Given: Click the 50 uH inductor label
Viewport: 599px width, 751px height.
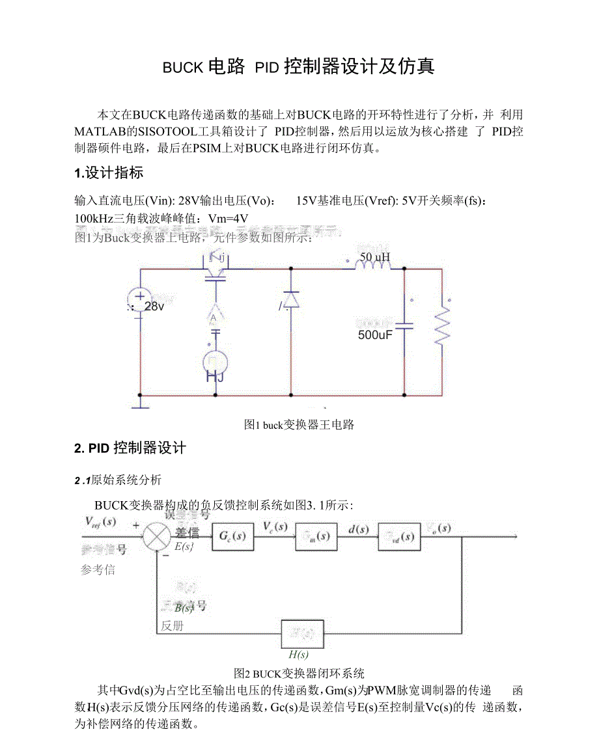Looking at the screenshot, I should coord(374,257).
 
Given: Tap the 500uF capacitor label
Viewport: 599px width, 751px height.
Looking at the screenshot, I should coord(376,335).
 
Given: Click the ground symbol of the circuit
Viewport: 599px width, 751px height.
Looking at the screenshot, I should coord(140,405).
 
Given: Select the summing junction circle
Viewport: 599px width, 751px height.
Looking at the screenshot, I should coord(156,537).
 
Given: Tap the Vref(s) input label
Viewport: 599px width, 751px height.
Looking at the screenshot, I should coord(100,522).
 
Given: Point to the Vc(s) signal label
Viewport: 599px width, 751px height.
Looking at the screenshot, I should coord(275,526).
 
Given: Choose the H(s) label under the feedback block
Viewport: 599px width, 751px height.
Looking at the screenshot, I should coord(298,655).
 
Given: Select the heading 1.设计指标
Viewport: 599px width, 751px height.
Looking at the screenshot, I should coord(109,173).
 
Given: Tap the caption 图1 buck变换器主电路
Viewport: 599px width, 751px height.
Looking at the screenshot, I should coord(299,425).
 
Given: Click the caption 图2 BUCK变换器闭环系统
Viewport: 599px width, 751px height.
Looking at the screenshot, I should coord(299,674).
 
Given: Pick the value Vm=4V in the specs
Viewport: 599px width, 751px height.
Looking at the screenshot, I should coord(227,217).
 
